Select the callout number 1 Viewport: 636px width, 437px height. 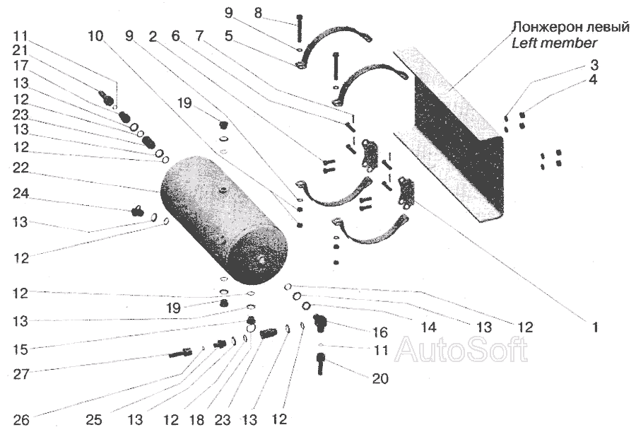pyautogui.click(x=595, y=327)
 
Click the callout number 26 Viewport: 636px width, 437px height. pyautogui.click(x=20, y=419)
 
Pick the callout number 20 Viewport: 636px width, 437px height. pyautogui.click(x=379, y=379)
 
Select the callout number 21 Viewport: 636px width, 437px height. pyautogui.click(x=20, y=49)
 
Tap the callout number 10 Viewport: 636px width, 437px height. pyautogui.click(x=95, y=36)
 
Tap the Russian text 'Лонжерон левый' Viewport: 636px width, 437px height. pyautogui.click(x=571, y=28)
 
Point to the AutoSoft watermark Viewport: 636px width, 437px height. pyautogui.click(x=460, y=349)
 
